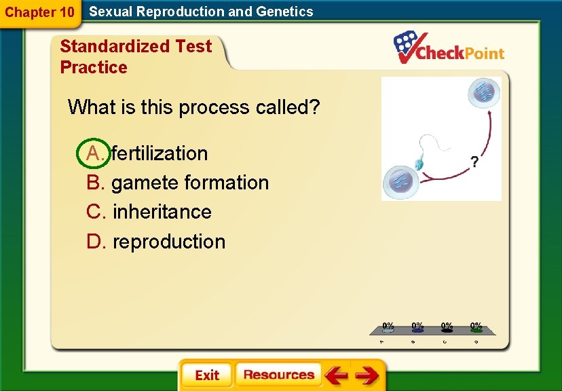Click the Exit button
tap(206, 375)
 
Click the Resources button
tap(278, 375)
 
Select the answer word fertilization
tap(160, 153)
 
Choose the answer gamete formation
tap(190, 183)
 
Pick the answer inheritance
tap(162, 212)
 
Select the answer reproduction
tap(169, 242)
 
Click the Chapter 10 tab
tap(39, 12)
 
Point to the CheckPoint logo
tap(450, 49)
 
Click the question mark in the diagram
tap(474, 162)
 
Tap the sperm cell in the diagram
tap(419, 164)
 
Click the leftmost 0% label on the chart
tap(388, 326)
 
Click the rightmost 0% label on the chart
tap(476, 326)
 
